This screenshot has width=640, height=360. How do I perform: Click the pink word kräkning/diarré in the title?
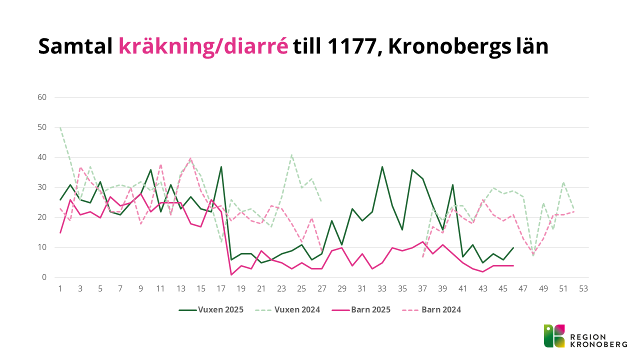203,46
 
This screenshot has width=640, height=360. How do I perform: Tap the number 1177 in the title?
352,46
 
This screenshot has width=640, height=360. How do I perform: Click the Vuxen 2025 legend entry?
211,309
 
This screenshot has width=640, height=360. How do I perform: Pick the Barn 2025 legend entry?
362,309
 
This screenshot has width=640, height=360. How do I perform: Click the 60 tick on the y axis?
42,97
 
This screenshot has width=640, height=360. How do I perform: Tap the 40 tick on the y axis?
42,157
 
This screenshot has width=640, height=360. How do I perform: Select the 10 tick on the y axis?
42,247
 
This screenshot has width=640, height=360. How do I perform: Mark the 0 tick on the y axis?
44,277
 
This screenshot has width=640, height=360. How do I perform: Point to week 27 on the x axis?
322,288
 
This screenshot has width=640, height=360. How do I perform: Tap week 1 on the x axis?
60,288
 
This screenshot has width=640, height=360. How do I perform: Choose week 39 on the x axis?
443,288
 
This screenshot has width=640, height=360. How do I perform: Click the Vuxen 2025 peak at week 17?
221,167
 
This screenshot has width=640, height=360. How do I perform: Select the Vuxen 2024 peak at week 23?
291,155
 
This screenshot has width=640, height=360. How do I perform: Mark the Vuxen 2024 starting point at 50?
60,127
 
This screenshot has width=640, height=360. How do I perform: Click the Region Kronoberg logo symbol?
554,336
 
